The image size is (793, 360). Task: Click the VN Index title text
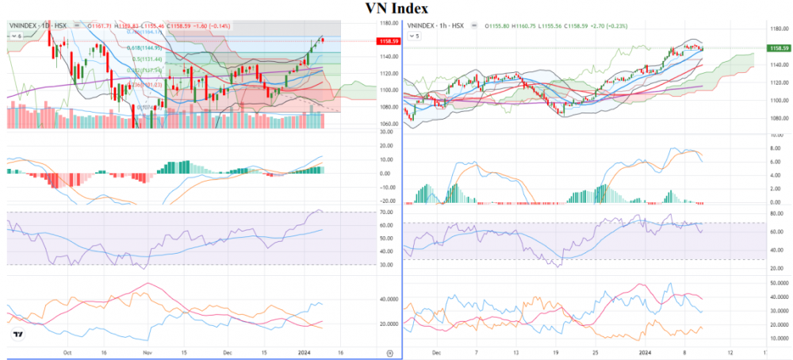396,9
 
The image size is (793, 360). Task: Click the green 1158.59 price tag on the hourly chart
780,48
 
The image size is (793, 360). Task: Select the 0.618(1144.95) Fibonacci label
147,48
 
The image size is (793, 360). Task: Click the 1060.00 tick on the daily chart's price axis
388,124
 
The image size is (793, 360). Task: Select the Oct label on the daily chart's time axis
67,350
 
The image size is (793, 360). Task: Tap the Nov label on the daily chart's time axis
146,350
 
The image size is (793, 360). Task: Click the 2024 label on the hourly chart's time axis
646,350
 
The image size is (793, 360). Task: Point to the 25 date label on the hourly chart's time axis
596,350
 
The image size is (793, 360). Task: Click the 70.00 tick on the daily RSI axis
388,213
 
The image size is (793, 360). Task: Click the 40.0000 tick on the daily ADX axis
388,300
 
